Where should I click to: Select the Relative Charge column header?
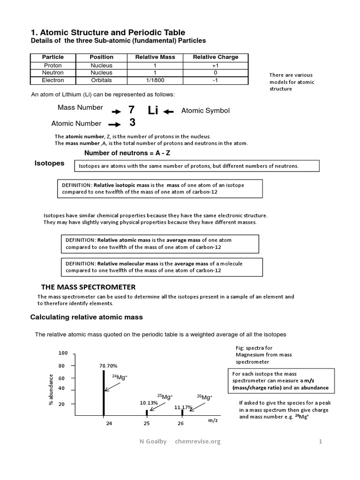tap(216, 57)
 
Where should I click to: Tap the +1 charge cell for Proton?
tap(216, 66)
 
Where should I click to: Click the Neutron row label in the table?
tap(53, 73)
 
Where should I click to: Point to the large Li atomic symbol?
tap(153, 110)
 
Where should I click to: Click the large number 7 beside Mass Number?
tap(131, 110)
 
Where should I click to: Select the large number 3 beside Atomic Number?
tap(132, 123)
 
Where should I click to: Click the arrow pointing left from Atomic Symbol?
tap(168, 112)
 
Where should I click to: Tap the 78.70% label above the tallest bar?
tap(108, 366)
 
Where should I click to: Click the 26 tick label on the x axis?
tap(181, 424)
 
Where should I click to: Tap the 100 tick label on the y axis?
tap(63, 353)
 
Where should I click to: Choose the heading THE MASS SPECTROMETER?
tap(89, 287)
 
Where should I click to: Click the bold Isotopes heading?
tap(49, 164)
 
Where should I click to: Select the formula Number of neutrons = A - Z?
tap(124, 153)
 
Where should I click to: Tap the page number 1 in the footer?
tap(321, 441)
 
